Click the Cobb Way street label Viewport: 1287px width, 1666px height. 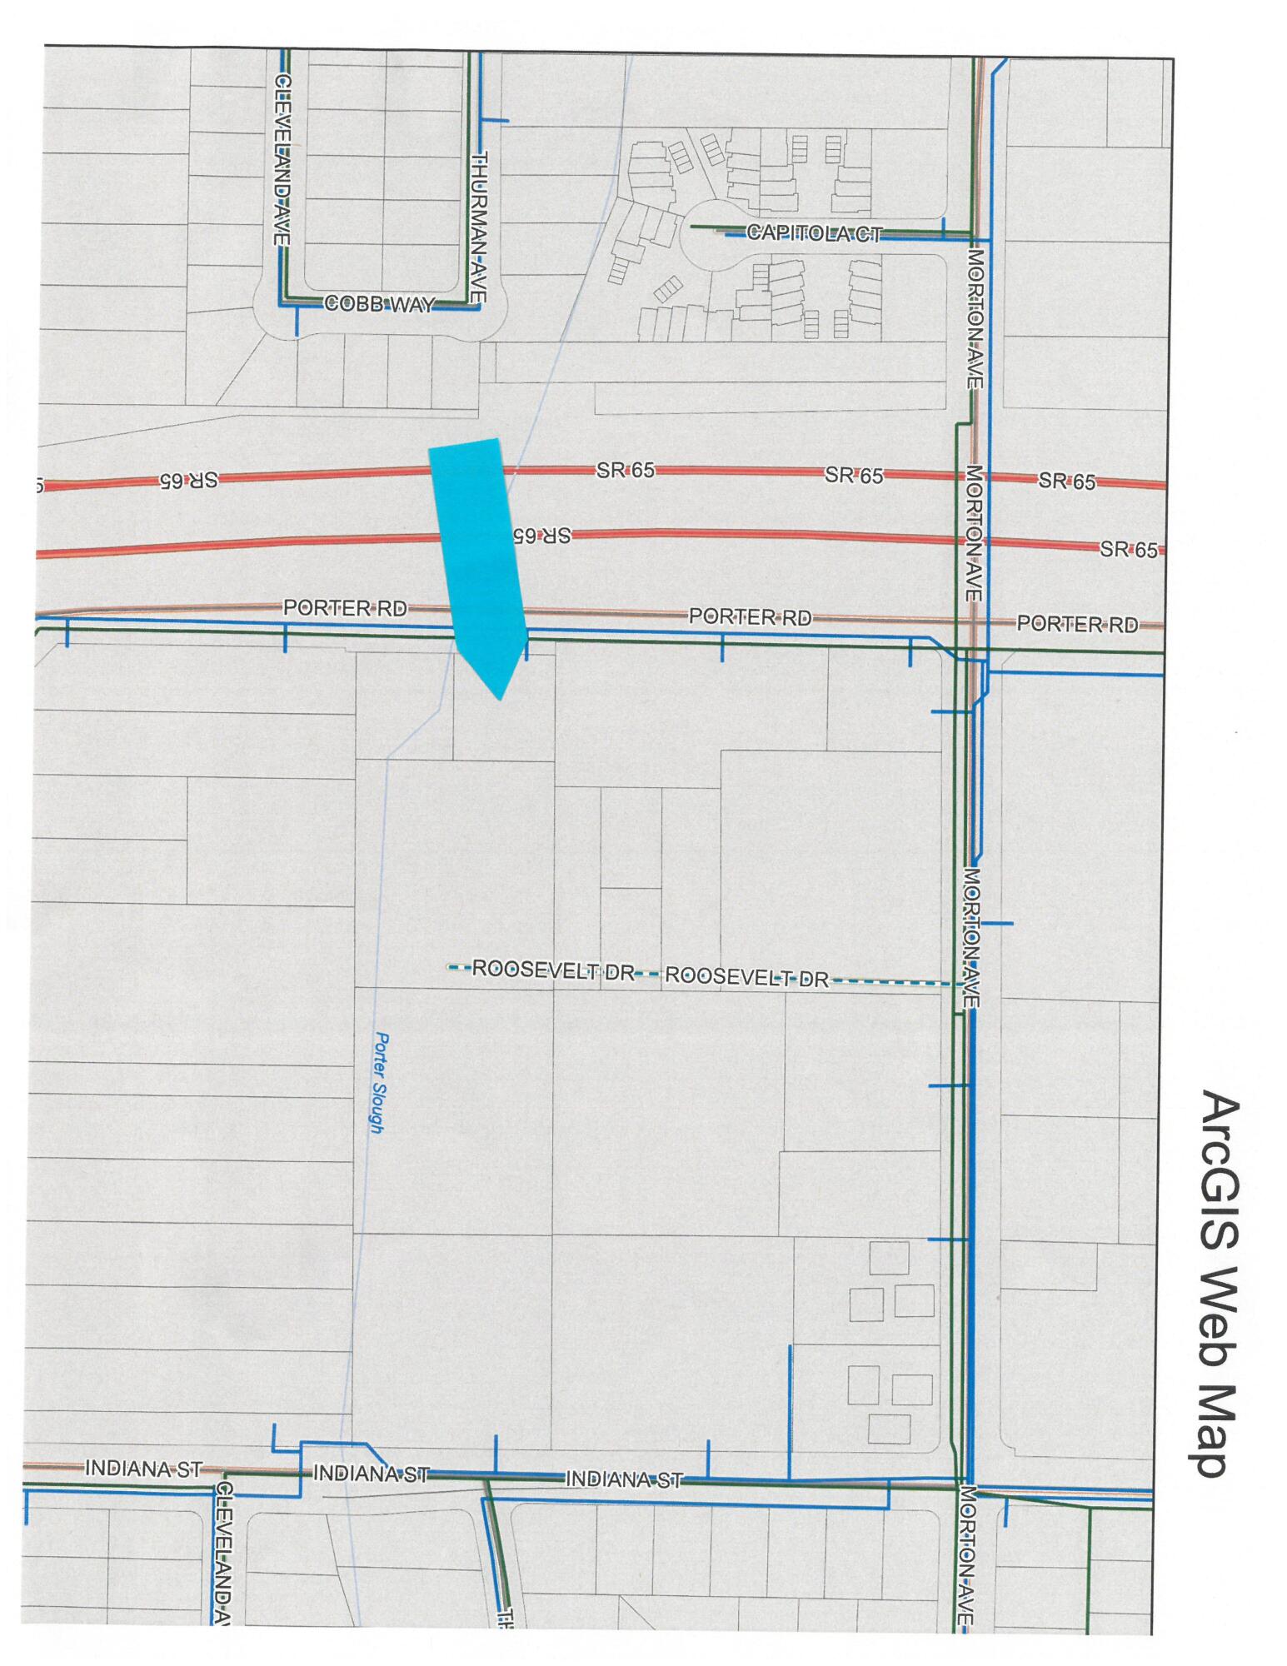379,304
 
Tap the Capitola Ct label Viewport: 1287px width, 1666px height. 813,233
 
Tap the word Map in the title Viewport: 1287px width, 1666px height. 1220,1423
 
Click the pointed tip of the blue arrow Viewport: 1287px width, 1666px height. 499,698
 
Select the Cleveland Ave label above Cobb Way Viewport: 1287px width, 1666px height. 282,160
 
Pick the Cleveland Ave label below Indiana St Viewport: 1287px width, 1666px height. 223,1553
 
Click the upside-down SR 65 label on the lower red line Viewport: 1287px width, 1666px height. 541,535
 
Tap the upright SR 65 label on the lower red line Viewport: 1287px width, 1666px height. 1129,550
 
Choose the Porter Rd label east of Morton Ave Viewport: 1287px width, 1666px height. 1076,624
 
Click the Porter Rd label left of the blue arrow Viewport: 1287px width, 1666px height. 345,608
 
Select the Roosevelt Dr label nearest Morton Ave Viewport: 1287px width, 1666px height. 747,977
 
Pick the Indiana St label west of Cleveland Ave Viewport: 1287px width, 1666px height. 143,1469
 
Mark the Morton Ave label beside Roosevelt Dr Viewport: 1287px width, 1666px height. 971,938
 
